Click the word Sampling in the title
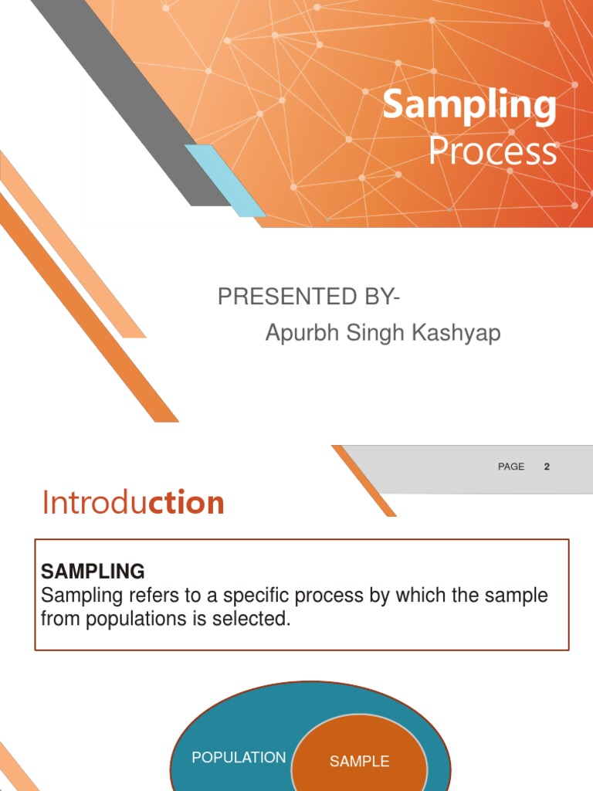click(469, 107)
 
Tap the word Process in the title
click(492, 151)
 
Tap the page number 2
click(547, 467)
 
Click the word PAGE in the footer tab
click(511, 467)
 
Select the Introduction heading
click(133, 504)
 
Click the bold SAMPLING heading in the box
click(93, 572)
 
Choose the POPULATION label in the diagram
click(239, 758)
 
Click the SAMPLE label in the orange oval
click(359, 762)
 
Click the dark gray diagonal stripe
click(131, 100)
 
